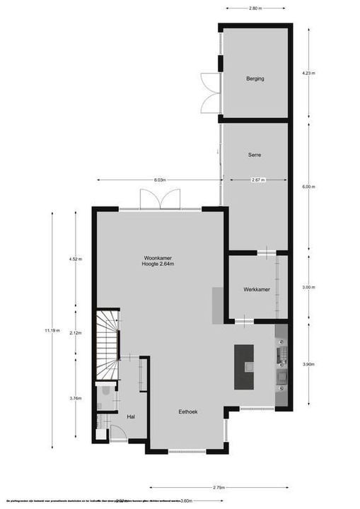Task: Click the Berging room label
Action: point(255,78)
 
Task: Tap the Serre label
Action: point(255,155)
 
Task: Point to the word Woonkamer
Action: point(158,258)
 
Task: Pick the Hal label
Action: point(131,418)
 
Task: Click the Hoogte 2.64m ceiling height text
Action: point(158,265)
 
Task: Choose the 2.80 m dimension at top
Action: point(255,8)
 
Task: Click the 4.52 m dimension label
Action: point(75,259)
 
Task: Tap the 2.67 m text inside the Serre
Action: point(257,180)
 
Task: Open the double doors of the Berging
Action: point(209,92)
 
